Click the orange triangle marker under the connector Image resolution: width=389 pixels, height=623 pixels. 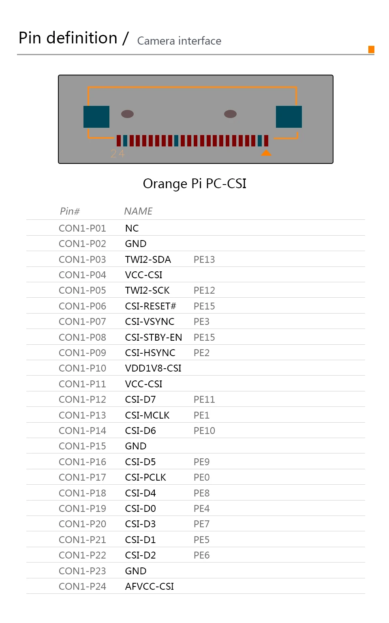(x=266, y=153)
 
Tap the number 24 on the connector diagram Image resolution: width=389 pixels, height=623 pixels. (x=118, y=154)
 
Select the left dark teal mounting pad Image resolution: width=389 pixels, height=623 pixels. (x=96, y=117)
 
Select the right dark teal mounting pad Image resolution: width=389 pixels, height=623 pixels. (x=289, y=117)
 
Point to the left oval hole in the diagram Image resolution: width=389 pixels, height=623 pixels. (x=127, y=114)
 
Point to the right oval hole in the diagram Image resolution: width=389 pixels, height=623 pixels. (x=230, y=114)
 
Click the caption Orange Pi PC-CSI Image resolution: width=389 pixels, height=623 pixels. (x=194, y=184)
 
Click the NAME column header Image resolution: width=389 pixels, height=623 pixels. (x=138, y=211)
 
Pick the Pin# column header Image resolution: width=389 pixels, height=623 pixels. (x=70, y=211)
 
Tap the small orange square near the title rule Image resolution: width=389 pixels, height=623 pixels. (x=371, y=49)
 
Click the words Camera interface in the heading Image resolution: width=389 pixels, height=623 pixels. (x=179, y=41)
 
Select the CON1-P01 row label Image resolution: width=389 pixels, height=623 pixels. (x=82, y=228)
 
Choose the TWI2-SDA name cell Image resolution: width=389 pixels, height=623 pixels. (x=148, y=260)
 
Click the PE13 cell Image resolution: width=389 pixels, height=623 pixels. (x=204, y=260)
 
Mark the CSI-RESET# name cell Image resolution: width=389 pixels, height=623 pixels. (x=150, y=306)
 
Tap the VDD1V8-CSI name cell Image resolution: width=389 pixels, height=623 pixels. (x=153, y=368)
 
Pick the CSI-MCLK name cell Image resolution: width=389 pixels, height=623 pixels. (x=147, y=415)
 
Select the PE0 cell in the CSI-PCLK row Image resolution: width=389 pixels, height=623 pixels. (x=201, y=477)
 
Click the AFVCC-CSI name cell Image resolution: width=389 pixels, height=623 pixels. (x=150, y=586)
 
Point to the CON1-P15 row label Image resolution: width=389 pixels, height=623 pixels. (x=82, y=446)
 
